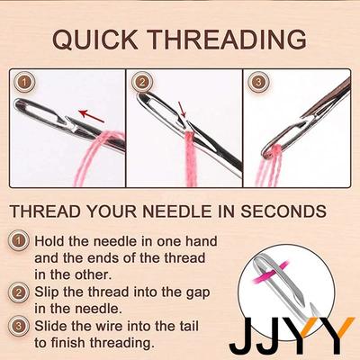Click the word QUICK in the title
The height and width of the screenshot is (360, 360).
click(94, 40)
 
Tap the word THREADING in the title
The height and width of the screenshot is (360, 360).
click(228, 40)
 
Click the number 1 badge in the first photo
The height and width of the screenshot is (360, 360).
click(25, 83)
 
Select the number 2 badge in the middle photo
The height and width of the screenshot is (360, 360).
click(142, 82)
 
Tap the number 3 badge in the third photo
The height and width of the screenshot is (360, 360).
click(258, 82)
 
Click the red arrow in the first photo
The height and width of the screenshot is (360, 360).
click(91, 116)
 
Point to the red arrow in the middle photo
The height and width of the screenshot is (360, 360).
click(183, 109)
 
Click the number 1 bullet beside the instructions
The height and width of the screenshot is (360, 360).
click(19, 240)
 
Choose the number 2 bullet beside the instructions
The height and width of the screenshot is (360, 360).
click(19, 292)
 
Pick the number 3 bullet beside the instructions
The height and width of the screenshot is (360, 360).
click(19, 326)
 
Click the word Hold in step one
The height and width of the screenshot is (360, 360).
click(49, 241)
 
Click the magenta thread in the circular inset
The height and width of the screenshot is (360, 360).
click(271, 271)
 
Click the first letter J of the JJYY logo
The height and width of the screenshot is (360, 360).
click(242, 335)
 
